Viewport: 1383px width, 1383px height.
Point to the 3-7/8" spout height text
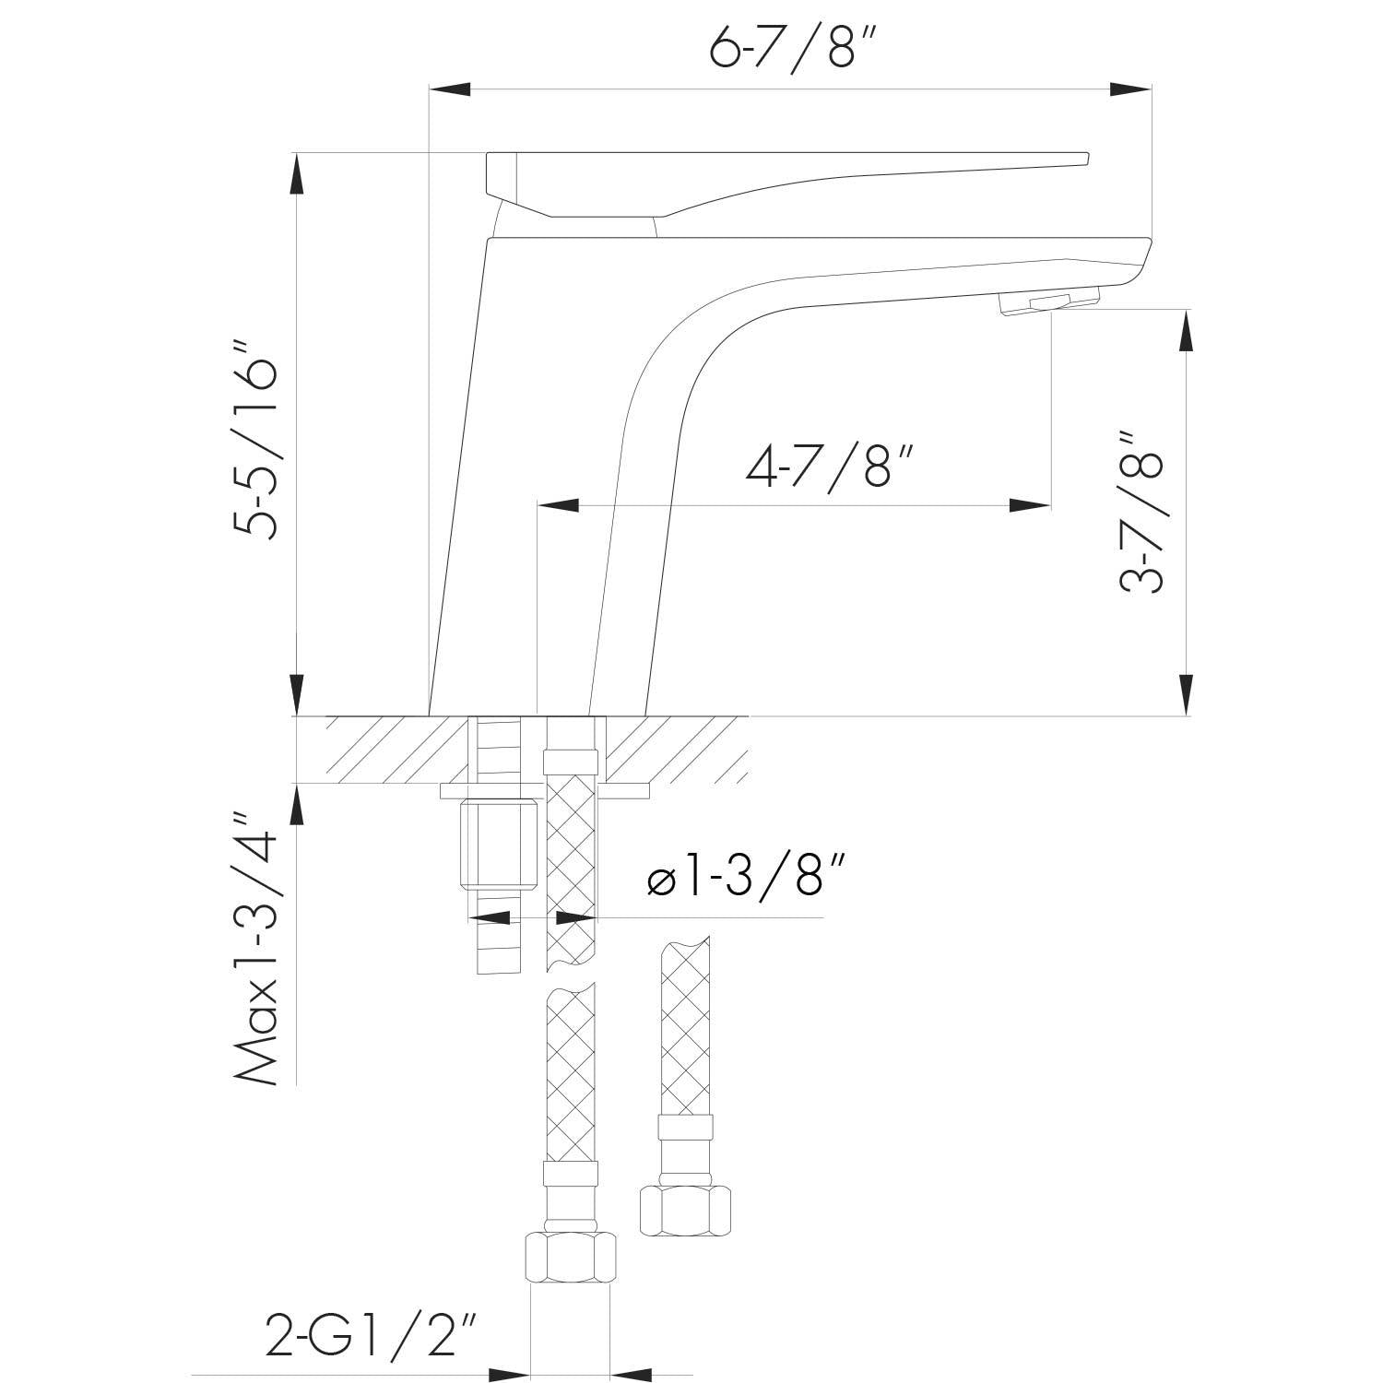point(1141,510)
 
